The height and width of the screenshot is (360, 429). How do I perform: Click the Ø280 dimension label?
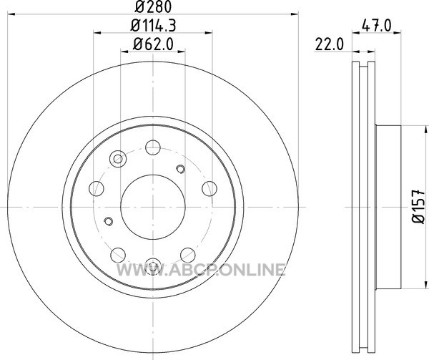click(153, 7)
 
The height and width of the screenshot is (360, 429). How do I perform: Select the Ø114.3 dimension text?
click(153, 26)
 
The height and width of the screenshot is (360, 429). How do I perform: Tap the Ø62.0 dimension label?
click(153, 44)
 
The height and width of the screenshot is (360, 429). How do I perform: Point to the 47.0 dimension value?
click(377, 26)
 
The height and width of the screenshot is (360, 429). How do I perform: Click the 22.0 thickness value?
click(329, 44)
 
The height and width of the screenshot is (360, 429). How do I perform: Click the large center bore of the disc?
click(153, 207)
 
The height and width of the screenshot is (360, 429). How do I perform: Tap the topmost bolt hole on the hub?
click(153, 147)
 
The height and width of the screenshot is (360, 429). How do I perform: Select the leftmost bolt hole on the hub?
click(97, 189)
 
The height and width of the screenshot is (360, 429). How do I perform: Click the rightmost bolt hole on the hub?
click(209, 189)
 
